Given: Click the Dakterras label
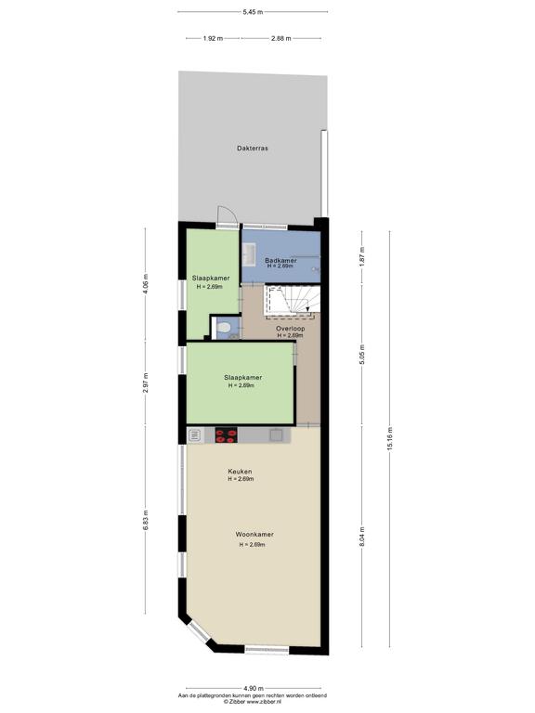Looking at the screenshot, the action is [253, 149].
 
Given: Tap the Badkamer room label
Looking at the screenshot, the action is [281, 261].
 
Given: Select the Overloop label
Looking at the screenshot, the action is [290, 329].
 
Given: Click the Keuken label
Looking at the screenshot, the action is [241, 472].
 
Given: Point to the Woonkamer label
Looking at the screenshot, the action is [254, 535].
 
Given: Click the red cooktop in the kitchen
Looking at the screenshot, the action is [226, 435].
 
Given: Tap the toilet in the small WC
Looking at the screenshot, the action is [223, 327].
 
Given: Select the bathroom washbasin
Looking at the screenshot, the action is [248, 254].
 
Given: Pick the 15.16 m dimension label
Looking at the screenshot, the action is [390, 439].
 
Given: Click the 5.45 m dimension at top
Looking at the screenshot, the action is [253, 12].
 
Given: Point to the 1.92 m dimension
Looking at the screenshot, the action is [213, 39].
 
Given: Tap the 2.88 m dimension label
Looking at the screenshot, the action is [281, 39].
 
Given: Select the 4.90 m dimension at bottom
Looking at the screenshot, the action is [253, 689].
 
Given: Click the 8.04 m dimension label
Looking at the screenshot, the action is [362, 537].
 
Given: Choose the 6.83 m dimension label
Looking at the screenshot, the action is [146, 520].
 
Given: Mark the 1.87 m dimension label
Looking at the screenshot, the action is [362, 256].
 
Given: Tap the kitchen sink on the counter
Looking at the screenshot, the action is [276, 435].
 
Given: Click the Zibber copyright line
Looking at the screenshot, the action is [253, 702].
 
